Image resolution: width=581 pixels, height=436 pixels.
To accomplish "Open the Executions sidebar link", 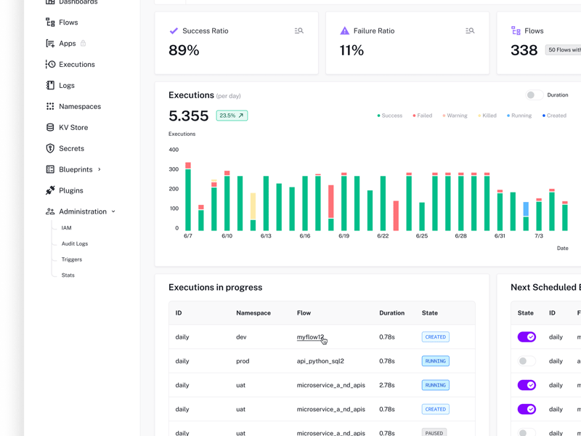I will click(x=76, y=65).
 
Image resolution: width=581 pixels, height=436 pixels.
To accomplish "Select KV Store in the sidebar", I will click(x=73, y=127).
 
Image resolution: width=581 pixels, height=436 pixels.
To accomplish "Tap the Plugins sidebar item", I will click(x=70, y=190).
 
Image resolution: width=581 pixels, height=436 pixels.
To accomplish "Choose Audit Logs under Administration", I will click(x=74, y=244).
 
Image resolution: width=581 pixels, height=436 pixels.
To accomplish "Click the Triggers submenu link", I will click(x=71, y=259).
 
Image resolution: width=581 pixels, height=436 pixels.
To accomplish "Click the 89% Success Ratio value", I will click(x=184, y=51).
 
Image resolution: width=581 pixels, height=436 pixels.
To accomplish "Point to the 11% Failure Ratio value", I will click(x=352, y=51).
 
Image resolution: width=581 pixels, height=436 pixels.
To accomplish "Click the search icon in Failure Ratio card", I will click(x=470, y=31).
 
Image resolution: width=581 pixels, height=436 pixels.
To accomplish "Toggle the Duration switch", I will click(x=534, y=95).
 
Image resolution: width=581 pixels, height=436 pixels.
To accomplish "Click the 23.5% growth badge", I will click(x=232, y=116).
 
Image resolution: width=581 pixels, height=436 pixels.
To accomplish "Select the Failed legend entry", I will click(x=423, y=116).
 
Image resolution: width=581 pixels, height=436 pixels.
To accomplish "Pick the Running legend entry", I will click(x=519, y=116).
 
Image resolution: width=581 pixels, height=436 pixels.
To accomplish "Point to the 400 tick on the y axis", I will click(x=174, y=150).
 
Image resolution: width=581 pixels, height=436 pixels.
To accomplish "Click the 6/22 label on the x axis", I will click(x=383, y=236).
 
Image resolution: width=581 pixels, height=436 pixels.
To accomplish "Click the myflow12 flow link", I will click(x=310, y=337).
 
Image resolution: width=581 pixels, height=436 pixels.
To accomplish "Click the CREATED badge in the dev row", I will click(x=435, y=337).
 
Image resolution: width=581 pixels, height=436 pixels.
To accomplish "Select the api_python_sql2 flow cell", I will click(x=320, y=361).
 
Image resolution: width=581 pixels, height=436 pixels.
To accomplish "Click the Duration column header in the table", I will click(x=391, y=313).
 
